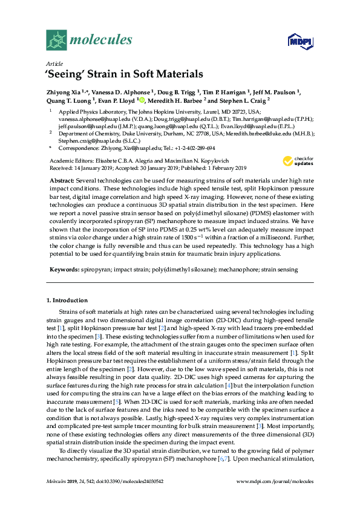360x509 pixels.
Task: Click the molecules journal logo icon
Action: (56, 41)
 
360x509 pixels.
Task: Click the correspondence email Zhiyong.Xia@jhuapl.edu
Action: (134, 147)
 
